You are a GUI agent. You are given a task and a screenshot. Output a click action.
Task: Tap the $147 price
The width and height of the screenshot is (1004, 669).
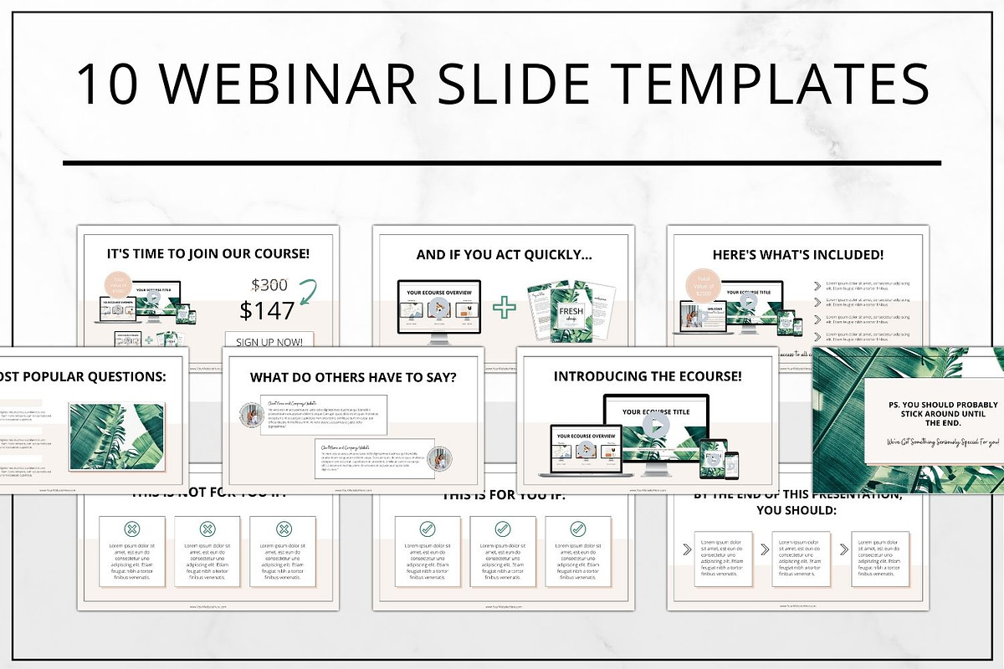(x=267, y=310)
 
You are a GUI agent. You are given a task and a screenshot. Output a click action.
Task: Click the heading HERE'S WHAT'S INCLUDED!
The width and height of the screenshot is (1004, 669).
(x=797, y=255)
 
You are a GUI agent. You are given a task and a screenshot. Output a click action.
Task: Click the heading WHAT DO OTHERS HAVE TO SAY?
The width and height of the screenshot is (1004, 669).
(x=353, y=377)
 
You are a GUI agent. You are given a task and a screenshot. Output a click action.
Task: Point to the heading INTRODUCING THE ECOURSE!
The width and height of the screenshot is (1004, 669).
(x=647, y=376)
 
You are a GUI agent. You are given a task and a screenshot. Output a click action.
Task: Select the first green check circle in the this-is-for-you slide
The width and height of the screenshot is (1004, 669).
(x=427, y=529)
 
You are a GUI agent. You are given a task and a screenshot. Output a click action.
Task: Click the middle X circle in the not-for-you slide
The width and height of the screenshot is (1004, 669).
(x=207, y=529)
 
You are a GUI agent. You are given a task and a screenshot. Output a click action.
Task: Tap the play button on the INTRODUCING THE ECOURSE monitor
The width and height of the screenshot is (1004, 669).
(x=657, y=424)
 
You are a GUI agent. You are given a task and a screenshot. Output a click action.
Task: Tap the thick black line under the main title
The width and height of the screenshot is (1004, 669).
(x=502, y=163)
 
